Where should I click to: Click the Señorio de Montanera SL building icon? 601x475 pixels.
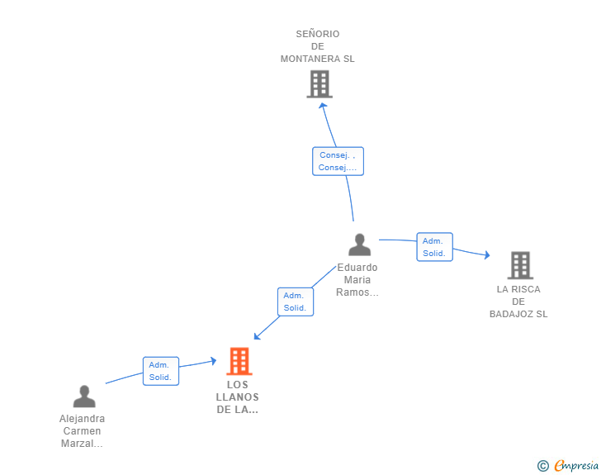pyautogui.click(x=319, y=84)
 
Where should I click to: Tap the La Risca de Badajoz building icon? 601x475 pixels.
pyautogui.click(x=519, y=265)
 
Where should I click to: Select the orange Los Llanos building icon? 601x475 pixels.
pyautogui.click(x=239, y=361)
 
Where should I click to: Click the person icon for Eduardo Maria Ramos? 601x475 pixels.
pyautogui.click(x=359, y=245)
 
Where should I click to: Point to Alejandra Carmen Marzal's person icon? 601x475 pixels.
pyautogui.click(x=83, y=397)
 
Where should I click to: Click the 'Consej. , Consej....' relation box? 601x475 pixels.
pyautogui.click(x=338, y=161)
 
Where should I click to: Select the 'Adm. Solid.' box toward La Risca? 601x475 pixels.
pyautogui.click(x=434, y=247)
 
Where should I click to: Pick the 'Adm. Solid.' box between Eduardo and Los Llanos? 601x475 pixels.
pyautogui.click(x=295, y=302)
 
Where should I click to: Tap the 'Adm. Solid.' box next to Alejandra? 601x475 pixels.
pyautogui.click(x=160, y=371)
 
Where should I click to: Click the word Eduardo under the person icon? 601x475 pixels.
pyautogui.click(x=357, y=268)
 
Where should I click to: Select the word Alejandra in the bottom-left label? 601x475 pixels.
pyautogui.click(x=83, y=419)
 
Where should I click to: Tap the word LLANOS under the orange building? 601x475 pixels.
pyautogui.click(x=237, y=397)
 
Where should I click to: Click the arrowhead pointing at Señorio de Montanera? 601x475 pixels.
pyautogui.click(x=323, y=105)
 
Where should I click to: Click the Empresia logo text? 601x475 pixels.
pyautogui.click(x=576, y=466)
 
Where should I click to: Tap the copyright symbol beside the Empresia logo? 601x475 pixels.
pyautogui.click(x=542, y=466)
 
